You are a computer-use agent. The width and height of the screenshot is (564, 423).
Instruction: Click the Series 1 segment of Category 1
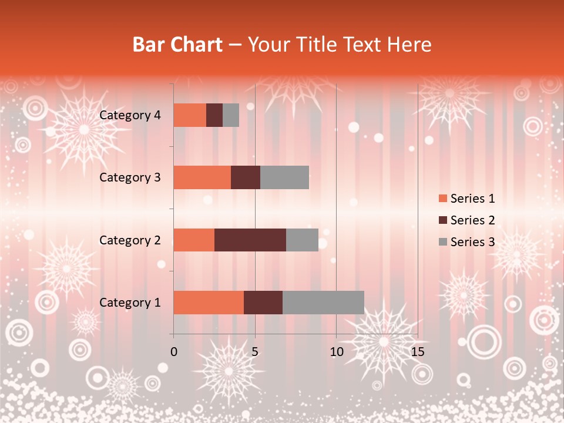[209, 303]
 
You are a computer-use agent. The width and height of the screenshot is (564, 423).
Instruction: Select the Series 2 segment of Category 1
[263, 303]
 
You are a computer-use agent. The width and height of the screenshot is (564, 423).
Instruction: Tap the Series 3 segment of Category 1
[323, 303]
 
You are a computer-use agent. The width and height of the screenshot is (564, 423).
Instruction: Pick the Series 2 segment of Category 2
[250, 240]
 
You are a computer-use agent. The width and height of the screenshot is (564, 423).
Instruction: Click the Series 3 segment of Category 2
[302, 240]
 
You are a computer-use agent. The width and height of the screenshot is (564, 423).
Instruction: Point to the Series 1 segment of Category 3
[202, 177]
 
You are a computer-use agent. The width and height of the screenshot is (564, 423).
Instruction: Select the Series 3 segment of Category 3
[284, 177]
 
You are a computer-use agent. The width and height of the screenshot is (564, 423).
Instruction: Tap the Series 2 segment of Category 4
[214, 115]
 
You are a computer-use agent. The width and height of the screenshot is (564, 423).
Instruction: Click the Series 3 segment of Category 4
[231, 115]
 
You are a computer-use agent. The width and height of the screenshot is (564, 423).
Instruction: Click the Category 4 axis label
[130, 115]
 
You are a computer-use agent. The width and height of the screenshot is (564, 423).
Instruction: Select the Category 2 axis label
[130, 240]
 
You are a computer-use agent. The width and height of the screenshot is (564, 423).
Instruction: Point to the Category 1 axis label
[130, 303]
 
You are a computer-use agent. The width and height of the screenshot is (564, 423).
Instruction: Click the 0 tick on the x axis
[174, 352]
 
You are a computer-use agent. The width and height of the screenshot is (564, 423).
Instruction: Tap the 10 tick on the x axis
[336, 352]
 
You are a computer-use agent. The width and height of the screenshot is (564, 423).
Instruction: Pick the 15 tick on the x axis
[417, 352]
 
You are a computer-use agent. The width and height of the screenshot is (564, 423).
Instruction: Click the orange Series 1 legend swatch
[442, 199]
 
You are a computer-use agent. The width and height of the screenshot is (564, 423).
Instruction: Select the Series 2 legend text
[472, 220]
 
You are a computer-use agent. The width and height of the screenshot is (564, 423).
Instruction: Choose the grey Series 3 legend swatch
[442, 242]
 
